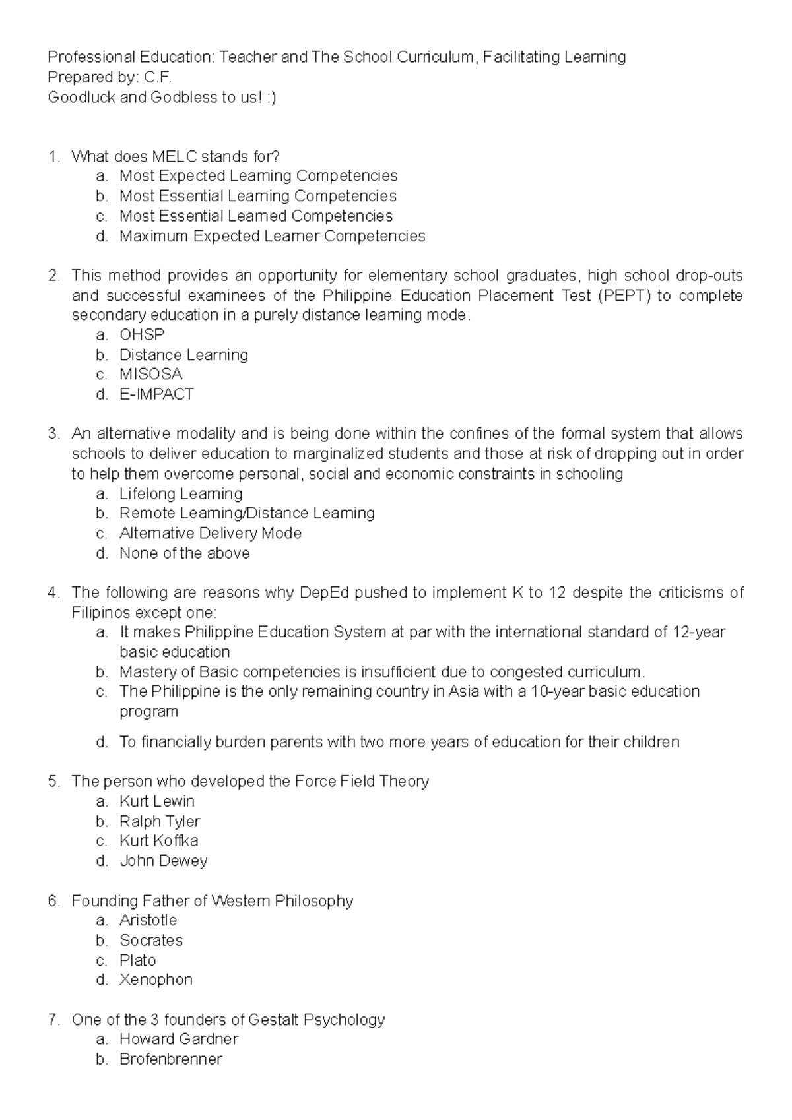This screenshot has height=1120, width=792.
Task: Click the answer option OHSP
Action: (141, 335)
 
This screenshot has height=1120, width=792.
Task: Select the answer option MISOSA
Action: (150, 375)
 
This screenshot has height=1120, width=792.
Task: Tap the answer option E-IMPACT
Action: (156, 394)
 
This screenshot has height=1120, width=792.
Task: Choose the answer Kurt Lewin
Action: (157, 801)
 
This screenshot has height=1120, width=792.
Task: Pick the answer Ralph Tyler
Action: (160, 821)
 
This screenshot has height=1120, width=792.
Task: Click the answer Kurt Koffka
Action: (159, 841)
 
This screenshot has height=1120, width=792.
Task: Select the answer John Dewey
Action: (164, 861)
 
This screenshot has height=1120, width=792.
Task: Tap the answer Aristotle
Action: (148, 920)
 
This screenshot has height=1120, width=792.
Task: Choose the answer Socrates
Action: (151, 940)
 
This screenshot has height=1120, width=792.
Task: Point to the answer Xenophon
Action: (156, 980)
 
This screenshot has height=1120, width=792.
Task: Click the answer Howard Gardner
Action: (179, 1039)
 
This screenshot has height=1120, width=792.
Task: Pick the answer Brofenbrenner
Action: (171, 1059)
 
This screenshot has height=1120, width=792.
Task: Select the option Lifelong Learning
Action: (181, 494)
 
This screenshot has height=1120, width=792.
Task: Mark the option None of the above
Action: (185, 553)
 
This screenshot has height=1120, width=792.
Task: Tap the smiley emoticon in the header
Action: (271, 98)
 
